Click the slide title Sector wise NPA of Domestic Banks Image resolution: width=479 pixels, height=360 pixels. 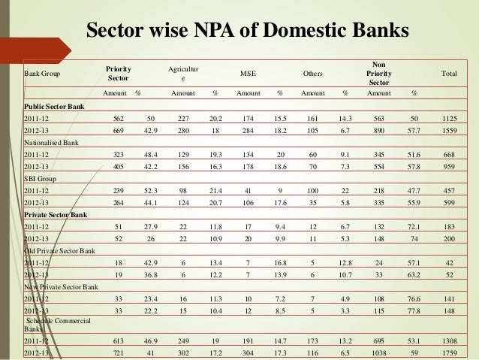(x=248, y=32)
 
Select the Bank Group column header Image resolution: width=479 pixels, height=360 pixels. (x=44, y=74)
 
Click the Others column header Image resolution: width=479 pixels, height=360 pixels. (x=312, y=74)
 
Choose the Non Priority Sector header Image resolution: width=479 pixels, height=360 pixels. (x=378, y=74)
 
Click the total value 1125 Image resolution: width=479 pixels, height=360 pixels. (x=447, y=117)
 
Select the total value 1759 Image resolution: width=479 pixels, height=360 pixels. (x=447, y=351)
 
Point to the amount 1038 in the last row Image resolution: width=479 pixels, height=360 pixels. (x=378, y=351)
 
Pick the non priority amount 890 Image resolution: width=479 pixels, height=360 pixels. (x=378, y=129)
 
